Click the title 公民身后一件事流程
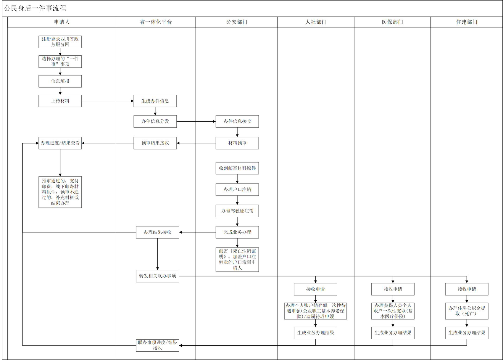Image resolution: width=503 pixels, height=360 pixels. [x=35, y=8]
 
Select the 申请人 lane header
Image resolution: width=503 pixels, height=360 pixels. [x=62, y=22]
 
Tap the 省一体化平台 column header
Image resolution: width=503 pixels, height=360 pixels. [x=156, y=22]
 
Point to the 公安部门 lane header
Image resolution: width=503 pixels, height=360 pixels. [x=237, y=22]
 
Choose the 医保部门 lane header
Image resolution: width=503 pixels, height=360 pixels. [x=392, y=22]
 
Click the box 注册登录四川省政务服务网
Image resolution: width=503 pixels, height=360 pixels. [x=60, y=42]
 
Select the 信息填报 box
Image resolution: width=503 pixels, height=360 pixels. [x=60, y=81]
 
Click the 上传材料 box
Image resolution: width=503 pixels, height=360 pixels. [x=60, y=101]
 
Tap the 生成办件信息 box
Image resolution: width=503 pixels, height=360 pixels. [x=155, y=101]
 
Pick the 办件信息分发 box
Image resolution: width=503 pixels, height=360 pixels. [x=155, y=121]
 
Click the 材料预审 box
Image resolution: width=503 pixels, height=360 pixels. [x=237, y=143]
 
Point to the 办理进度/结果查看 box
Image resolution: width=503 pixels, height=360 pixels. [x=60, y=143]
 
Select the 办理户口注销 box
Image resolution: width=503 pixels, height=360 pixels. [x=237, y=189]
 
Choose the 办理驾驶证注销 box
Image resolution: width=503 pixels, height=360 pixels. [x=237, y=211]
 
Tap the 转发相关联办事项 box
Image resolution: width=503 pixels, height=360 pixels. [x=157, y=276]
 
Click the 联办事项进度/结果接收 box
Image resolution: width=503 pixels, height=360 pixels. [x=157, y=345]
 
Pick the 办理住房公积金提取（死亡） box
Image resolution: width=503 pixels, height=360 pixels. [x=467, y=311]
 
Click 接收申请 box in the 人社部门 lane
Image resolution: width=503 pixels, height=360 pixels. [x=315, y=289]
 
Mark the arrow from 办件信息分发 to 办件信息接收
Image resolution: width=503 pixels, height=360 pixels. [x=196, y=121]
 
